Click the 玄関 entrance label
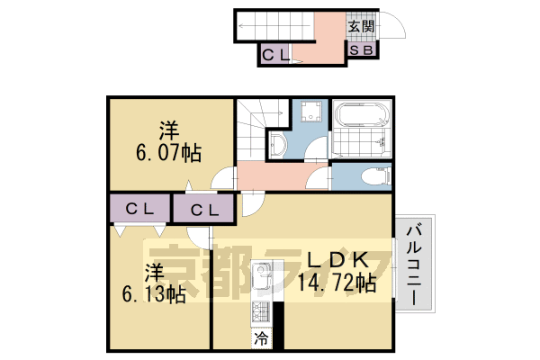[362, 26]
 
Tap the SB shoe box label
[361, 51]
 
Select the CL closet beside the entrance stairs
[275, 55]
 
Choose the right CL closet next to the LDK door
[205, 211]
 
